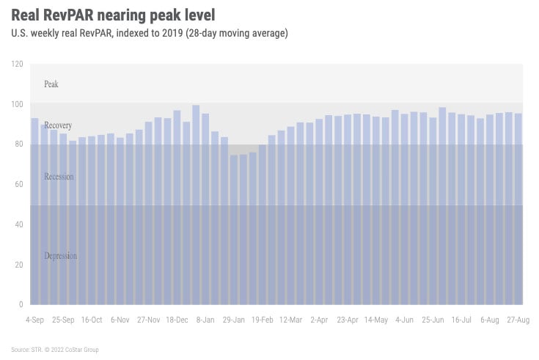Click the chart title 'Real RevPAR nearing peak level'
point(113,14)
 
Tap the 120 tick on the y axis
point(18,65)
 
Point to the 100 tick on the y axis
point(18,104)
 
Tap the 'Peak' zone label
point(51,84)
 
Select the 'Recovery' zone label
point(58,125)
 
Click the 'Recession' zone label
point(59,177)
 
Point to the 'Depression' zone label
point(61,256)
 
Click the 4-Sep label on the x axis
point(35,320)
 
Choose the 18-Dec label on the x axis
point(178,320)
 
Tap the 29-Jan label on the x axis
point(234,320)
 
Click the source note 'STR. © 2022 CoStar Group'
point(55,350)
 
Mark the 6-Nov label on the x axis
point(120,320)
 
